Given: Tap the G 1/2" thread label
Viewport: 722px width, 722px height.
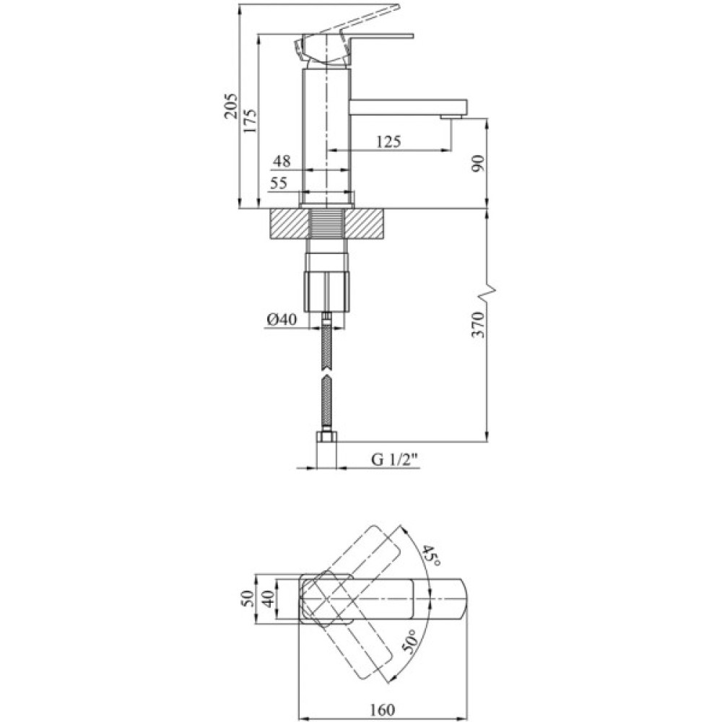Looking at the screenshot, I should click(x=395, y=459).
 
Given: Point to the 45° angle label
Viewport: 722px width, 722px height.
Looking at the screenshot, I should click(x=431, y=555).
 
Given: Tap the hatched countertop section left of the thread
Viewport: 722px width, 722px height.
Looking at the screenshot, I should click(x=288, y=223).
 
